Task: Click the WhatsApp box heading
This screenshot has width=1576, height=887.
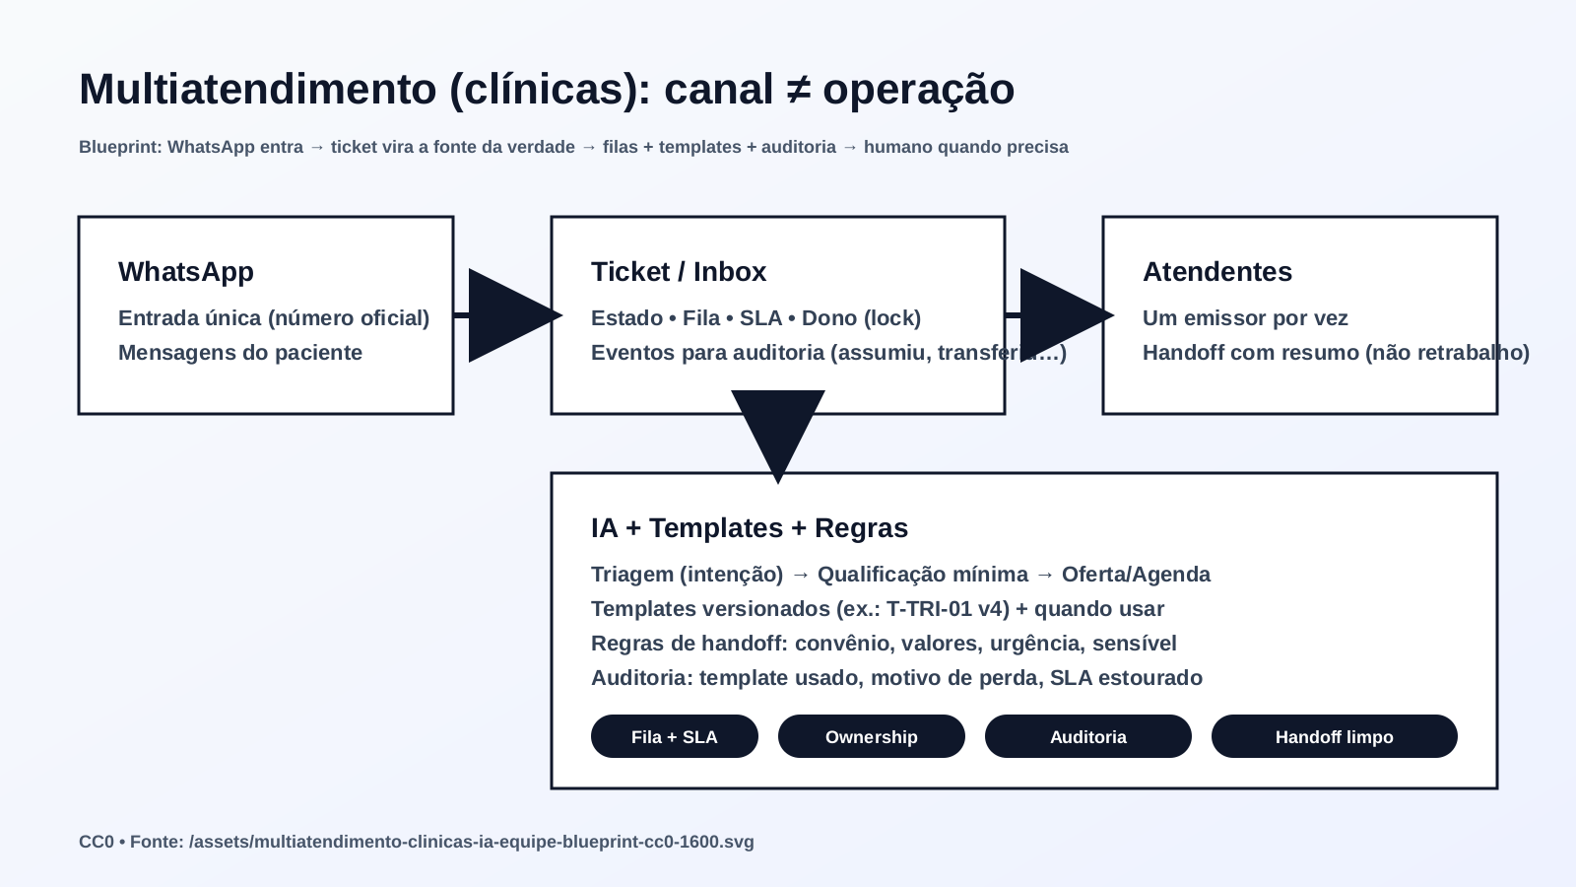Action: pos(186,272)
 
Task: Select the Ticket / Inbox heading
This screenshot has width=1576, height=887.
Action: pos(678,272)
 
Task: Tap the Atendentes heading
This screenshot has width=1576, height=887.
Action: pos(1216,272)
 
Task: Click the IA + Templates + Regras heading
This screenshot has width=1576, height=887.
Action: pos(749,528)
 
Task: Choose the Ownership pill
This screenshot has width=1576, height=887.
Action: pos(871,737)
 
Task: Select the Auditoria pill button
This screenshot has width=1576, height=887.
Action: pos(1087,737)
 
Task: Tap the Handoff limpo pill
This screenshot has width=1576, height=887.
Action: pos(1334,737)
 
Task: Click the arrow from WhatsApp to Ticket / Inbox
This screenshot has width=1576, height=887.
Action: pos(507,315)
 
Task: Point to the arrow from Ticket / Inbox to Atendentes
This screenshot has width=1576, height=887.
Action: pos(1059,315)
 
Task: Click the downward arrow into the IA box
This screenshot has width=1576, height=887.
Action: pos(778,434)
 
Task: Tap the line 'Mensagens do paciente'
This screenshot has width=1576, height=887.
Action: pos(240,353)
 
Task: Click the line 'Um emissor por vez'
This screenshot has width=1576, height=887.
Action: pos(1245,318)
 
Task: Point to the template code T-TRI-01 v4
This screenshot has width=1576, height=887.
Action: pos(948,609)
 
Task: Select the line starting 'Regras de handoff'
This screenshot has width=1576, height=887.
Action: pos(884,644)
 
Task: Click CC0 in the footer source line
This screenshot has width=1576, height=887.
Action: pos(96,843)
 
